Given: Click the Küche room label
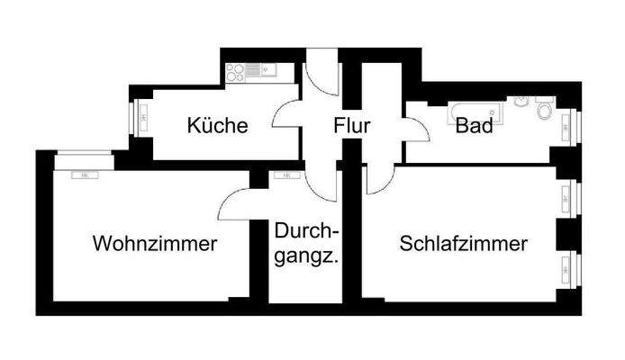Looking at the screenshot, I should (x=217, y=126).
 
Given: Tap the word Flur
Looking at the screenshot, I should (x=352, y=126).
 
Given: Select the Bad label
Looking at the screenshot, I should (x=474, y=126).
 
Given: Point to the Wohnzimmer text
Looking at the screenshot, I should (x=155, y=243).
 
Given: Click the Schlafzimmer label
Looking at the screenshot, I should (x=464, y=243).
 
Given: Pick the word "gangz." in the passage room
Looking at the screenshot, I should (x=306, y=257).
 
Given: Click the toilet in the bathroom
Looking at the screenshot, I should (x=542, y=112).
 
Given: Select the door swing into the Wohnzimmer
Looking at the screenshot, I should (x=236, y=203).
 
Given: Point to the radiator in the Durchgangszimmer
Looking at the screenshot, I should (x=288, y=175).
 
